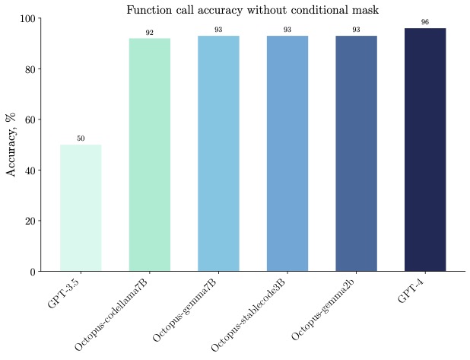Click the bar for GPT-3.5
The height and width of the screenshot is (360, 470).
[81, 208]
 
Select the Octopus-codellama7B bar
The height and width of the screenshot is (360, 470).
[149, 155]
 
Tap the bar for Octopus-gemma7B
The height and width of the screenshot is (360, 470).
[218, 153]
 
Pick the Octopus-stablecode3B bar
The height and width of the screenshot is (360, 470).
[287, 153]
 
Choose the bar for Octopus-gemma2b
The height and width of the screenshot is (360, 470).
[356, 153]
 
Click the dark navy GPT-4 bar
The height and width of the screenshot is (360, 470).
[424, 149]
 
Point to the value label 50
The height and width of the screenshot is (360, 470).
[81, 139]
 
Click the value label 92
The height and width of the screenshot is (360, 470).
[149, 33]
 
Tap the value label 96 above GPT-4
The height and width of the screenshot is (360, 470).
[424, 22]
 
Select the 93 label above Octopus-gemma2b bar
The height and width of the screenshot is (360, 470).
[356, 30]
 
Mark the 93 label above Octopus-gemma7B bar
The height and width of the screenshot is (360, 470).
[218, 30]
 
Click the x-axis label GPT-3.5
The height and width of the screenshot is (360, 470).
[64, 293]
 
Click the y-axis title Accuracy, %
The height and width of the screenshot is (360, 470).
[12, 145]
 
